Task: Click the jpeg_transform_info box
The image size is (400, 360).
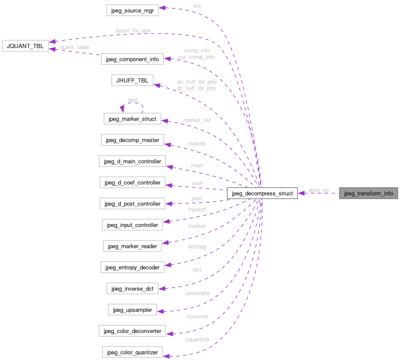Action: (x=368, y=193)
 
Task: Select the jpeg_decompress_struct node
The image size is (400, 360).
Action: (x=262, y=194)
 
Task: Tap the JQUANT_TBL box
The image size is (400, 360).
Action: (x=25, y=46)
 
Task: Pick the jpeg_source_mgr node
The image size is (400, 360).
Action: (x=132, y=10)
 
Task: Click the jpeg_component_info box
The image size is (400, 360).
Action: (x=132, y=59)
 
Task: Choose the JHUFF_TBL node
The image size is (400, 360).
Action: (x=132, y=80)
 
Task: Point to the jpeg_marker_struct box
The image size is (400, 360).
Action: (x=132, y=118)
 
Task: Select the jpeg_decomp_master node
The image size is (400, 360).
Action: (x=132, y=140)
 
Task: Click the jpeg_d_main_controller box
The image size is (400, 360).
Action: (x=132, y=161)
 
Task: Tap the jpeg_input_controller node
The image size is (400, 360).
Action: (x=132, y=225)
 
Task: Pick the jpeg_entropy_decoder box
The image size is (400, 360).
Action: (x=132, y=267)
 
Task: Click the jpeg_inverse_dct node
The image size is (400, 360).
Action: (x=132, y=288)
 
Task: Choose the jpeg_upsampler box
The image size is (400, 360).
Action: (x=132, y=309)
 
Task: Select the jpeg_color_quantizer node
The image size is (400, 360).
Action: (x=132, y=352)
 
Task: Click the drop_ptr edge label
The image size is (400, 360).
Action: (x=319, y=190)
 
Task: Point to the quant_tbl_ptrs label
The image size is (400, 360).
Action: (x=133, y=31)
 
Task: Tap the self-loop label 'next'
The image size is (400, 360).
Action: (x=133, y=100)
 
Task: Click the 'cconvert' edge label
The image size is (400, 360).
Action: (x=197, y=317)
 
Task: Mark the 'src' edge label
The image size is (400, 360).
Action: (x=197, y=6)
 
